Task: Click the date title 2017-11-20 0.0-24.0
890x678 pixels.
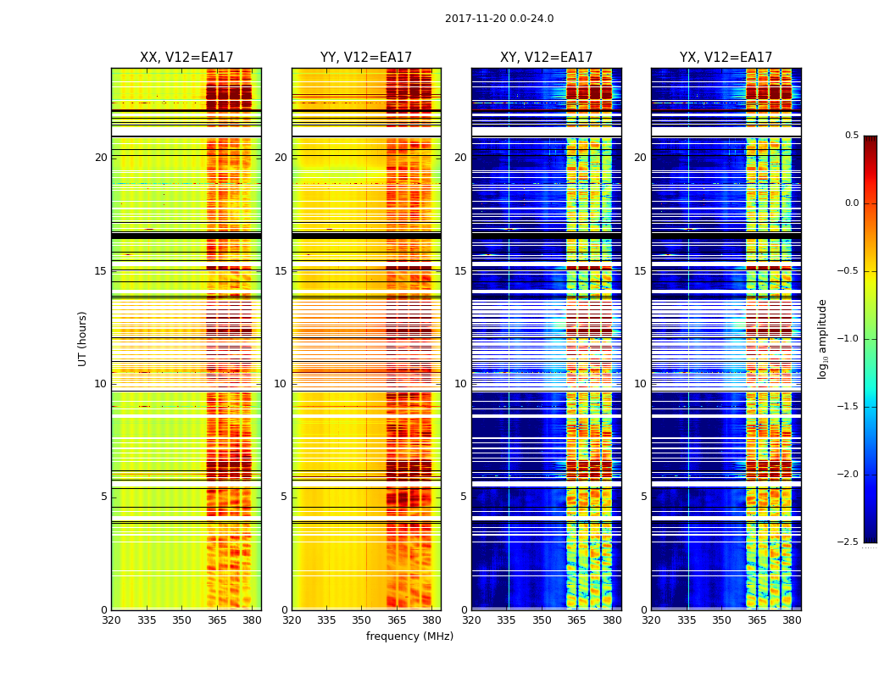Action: [x=499, y=19]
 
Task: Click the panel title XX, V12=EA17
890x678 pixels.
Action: [x=186, y=58]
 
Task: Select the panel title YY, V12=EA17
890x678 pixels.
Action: [x=366, y=58]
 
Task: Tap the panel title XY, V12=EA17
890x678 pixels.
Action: [x=546, y=58]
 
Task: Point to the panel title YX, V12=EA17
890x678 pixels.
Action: [x=726, y=58]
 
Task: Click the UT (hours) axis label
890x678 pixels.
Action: [x=83, y=338]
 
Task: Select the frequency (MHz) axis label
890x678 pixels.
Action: [x=409, y=636]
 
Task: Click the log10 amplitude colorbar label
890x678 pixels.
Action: [x=822, y=338]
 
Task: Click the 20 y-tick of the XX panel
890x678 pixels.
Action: [x=101, y=158]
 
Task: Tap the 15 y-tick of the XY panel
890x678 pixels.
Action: [x=460, y=271]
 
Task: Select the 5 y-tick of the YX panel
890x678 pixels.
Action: [x=643, y=497]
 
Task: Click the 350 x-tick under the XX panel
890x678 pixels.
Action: [x=181, y=620]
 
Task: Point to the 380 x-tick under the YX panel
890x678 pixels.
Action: [x=792, y=620]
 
